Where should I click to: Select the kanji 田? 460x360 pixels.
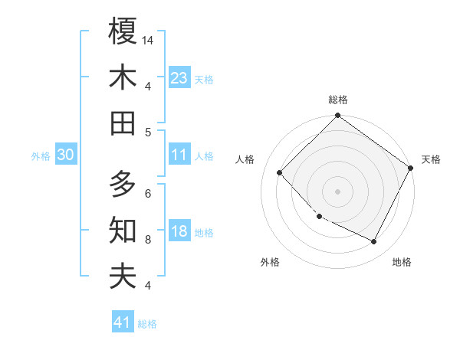123,123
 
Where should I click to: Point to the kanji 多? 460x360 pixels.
123,184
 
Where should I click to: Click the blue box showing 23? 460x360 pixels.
179,78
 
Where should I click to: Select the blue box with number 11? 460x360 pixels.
179,155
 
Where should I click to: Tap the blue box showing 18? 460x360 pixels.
179,232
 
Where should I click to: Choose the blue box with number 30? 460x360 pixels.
65,155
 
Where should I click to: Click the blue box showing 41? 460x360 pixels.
123,322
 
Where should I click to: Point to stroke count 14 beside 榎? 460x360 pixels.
149,39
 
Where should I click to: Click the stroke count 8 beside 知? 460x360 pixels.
148,239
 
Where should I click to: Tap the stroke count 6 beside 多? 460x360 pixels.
148,192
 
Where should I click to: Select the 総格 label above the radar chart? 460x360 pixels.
338,100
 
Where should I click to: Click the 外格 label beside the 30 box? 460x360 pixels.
41,156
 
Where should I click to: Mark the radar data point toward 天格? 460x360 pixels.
411,168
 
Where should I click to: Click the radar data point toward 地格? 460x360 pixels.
374,242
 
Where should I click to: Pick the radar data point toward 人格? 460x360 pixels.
280,173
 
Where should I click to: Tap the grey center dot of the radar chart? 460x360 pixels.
338,191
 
